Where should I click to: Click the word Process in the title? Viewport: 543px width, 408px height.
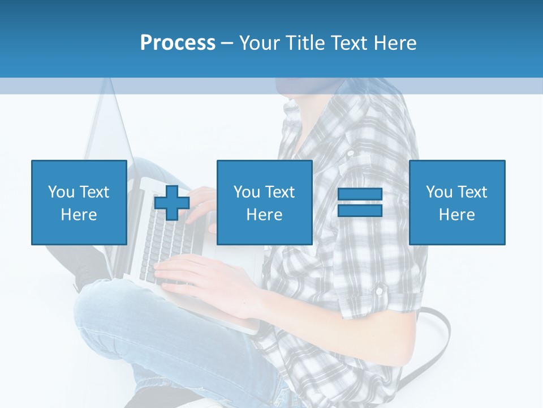tap(178, 42)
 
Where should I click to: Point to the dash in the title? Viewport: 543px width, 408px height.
tap(227, 43)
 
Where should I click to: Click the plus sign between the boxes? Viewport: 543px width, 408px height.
tap(172, 203)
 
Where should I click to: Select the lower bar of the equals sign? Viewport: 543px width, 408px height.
tap(360, 211)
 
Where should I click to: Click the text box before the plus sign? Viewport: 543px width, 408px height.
tap(79, 202)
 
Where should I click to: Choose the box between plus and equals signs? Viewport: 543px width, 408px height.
tap(264, 202)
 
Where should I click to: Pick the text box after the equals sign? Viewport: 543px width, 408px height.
tap(456, 202)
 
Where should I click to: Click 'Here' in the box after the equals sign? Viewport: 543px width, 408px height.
tap(456, 215)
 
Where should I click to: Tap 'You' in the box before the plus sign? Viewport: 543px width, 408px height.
tap(61, 192)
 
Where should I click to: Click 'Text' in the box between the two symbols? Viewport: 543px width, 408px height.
tap(279, 192)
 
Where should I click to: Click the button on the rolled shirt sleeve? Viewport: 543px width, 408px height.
tap(380, 291)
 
